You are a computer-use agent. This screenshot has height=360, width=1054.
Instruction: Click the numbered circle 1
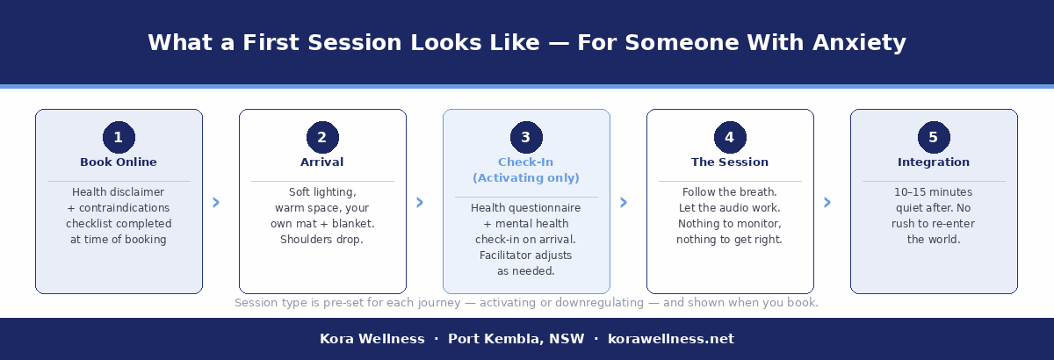coord(119,138)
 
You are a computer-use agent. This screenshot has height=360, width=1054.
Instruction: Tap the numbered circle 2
coord(322,138)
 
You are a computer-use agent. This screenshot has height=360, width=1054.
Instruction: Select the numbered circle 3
coord(526,138)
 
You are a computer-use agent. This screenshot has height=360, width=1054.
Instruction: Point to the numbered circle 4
coord(730,138)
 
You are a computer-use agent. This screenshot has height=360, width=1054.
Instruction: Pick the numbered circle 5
coord(934,138)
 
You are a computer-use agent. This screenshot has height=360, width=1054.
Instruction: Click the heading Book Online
coord(119,162)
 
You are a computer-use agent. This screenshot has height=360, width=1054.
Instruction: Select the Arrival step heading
coord(322,162)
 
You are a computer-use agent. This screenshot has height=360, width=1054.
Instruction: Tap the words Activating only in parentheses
coord(526,178)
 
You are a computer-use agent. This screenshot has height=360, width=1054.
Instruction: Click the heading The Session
coord(730,162)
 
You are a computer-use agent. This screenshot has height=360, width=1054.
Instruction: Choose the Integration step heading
coord(934,162)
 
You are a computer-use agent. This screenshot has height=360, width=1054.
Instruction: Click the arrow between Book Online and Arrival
coord(216,203)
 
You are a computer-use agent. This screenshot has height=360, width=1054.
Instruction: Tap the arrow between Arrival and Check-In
coord(420,203)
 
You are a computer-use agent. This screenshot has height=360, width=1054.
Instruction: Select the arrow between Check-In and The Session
coord(624,203)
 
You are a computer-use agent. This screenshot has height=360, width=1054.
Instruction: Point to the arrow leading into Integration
coord(827,203)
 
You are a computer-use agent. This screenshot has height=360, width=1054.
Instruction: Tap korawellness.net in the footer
coord(671,339)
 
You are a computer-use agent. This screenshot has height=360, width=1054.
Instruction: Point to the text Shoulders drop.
coord(321,240)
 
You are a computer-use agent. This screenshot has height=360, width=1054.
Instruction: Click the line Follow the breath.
coord(729,192)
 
